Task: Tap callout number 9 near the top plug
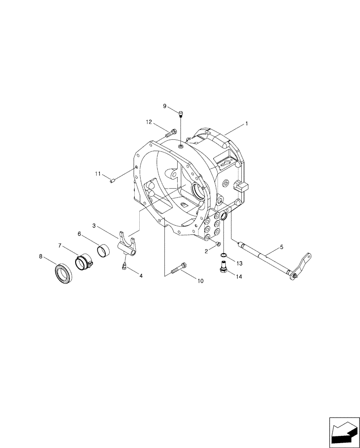pyautogui.click(x=165, y=106)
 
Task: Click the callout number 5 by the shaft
pyautogui.click(x=281, y=246)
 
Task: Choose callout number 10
pyautogui.click(x=200, y=281)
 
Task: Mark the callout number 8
pyautogui.click(x=41, y=257)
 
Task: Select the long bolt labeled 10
pyautogui.click(x=178, y=269)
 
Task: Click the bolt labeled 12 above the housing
pyautogui.click(x=171, y=132)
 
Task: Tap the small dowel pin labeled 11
pyautogui.click(x=113, y=181)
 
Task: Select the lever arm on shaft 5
pyautogui.click(x=301, y=265)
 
